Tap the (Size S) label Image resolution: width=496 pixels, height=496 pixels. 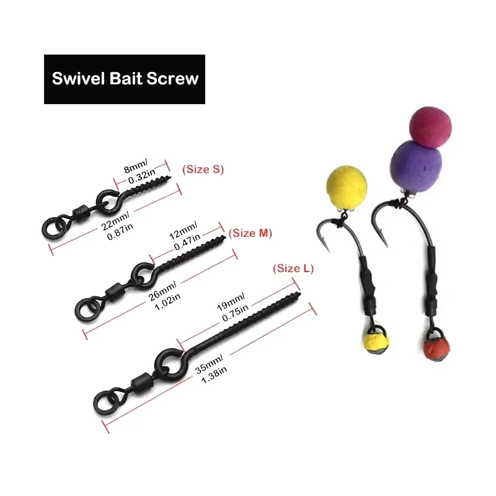point(202,169)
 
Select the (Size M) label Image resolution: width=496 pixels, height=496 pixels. point(251,233)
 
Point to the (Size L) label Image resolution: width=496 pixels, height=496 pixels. point(293,268)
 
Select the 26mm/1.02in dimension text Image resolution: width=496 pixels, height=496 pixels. point(162,296)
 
